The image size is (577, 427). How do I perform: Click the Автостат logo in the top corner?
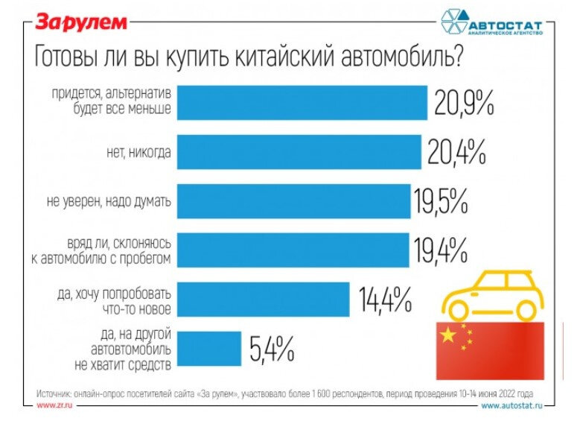pyautogui.click(x=491, y=23)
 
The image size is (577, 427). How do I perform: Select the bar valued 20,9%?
pyautogui.click(x=302, y=102)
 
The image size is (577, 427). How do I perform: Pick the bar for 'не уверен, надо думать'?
pyautogui.click(x=293, y=201)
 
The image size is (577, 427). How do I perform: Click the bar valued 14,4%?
pyautogui.click(x=264, y=299)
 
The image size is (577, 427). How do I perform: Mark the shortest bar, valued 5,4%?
pyautogui.click(x=209, y=348)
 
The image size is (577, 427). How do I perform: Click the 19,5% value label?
pyautogui.click(x=441, y=201)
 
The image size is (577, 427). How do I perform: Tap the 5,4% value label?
pyautogui.click(x=272, y=348)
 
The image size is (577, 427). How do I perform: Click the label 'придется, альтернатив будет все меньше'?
pyautogui.click(x=111, y=102)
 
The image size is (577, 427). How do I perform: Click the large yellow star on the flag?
pyautogui.click(x=447, y=336)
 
